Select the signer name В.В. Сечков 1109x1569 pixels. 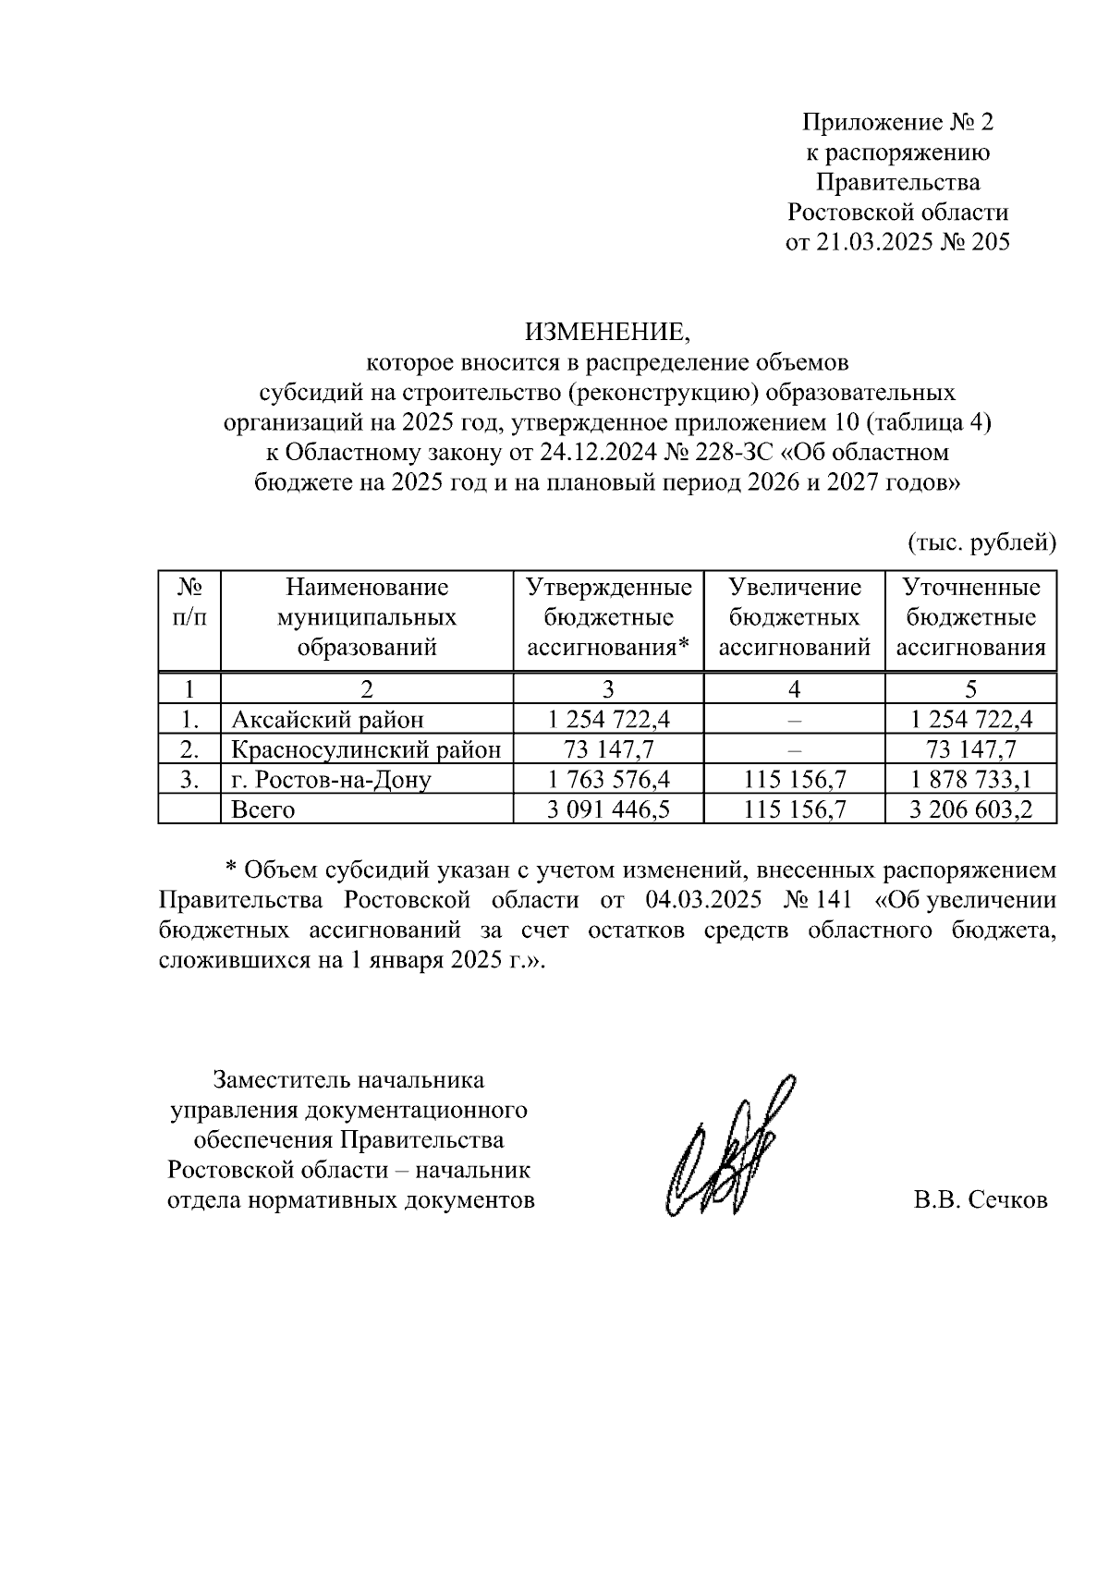click(x=981, y=1200)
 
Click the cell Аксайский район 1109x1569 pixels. click(x=327, y=720)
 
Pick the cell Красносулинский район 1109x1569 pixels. click(x=366, y=749)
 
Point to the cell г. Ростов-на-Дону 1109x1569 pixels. click(x=331, y=780)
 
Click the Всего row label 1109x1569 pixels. click(x=263, y=810)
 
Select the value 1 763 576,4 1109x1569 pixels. click(x=608, y=780)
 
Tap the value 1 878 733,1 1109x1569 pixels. click(x=970, y=780)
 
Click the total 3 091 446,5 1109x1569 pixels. click(x=608, y=810)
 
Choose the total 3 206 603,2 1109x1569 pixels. click(x=970, y=810)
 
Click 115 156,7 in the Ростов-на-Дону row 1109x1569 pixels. click(x=794, y=780)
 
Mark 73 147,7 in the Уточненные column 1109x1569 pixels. click(x=970, y=749)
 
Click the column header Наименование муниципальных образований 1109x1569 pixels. click(x=367, y=617)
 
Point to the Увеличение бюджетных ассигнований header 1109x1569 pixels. click(x=794, y=617)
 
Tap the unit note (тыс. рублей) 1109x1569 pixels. click(x=981, y=542)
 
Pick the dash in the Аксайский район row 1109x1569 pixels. click(x=794, y=720)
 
